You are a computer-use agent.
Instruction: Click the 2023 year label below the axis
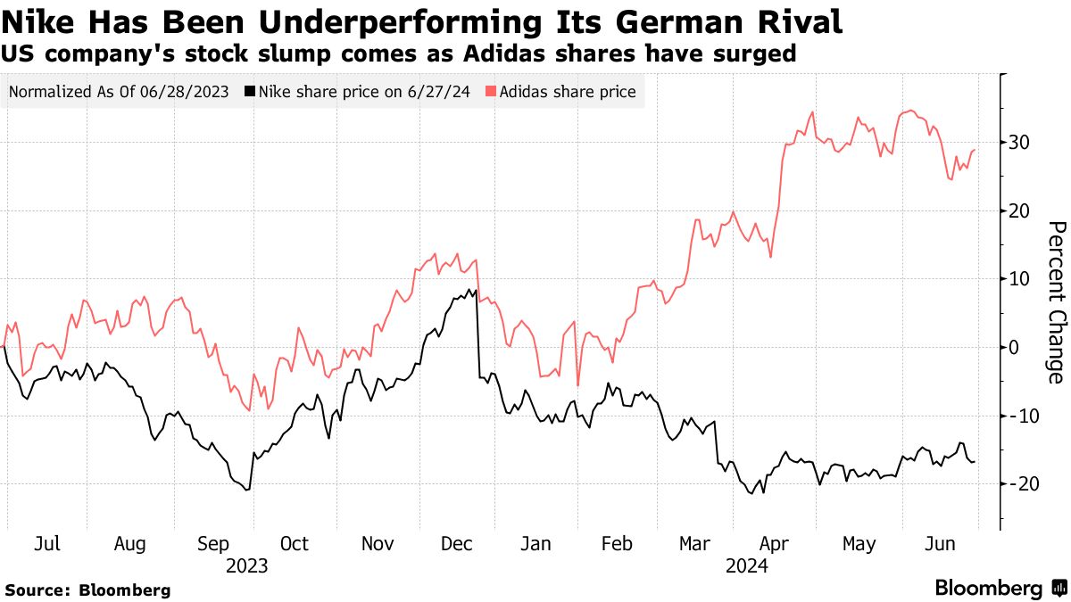click(x=247, y=565)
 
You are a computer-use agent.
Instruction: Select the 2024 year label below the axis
click(x=747, y=565)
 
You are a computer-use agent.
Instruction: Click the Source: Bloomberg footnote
click(x=87, y=590)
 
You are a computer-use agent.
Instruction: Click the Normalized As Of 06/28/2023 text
click(x=120, y=91)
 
